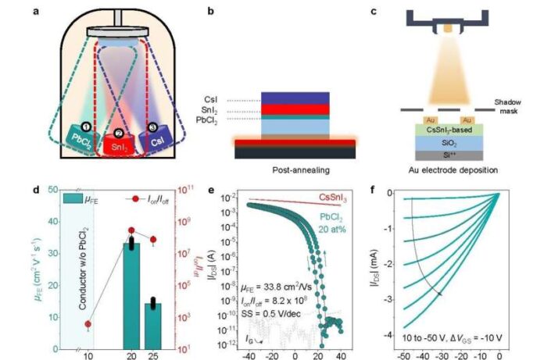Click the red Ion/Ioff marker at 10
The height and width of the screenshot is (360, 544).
(88, 323)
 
